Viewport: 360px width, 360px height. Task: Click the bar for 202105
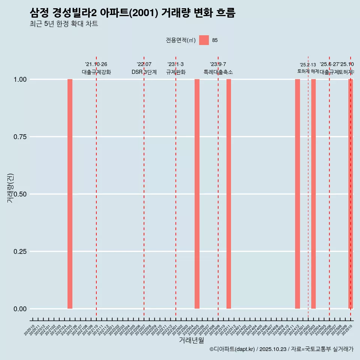pos(70,194)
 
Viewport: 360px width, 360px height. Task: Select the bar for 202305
pos(197,194)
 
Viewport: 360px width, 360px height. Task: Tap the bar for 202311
pos(229,194)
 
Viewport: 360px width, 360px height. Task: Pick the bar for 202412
pos(297,194)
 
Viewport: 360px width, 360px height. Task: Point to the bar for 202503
pos(313,194)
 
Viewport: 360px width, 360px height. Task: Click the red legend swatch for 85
pos(204,40)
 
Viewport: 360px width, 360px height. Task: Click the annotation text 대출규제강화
pos(96,72)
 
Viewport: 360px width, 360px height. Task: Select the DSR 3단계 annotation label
pos(144,72)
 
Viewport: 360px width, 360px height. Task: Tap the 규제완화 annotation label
pos(176,72)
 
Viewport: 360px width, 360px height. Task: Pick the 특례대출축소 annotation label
pos(218,72)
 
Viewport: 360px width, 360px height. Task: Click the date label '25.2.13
pos(308,65)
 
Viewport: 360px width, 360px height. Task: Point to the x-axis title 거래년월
pos(192,340)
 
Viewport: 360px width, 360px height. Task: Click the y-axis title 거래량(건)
pos(10,188)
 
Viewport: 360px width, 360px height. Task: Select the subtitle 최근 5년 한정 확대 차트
pos(64,24)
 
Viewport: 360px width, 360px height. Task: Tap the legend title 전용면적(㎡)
pos(181,40)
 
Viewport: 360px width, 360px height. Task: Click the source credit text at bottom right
pos(281,349)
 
